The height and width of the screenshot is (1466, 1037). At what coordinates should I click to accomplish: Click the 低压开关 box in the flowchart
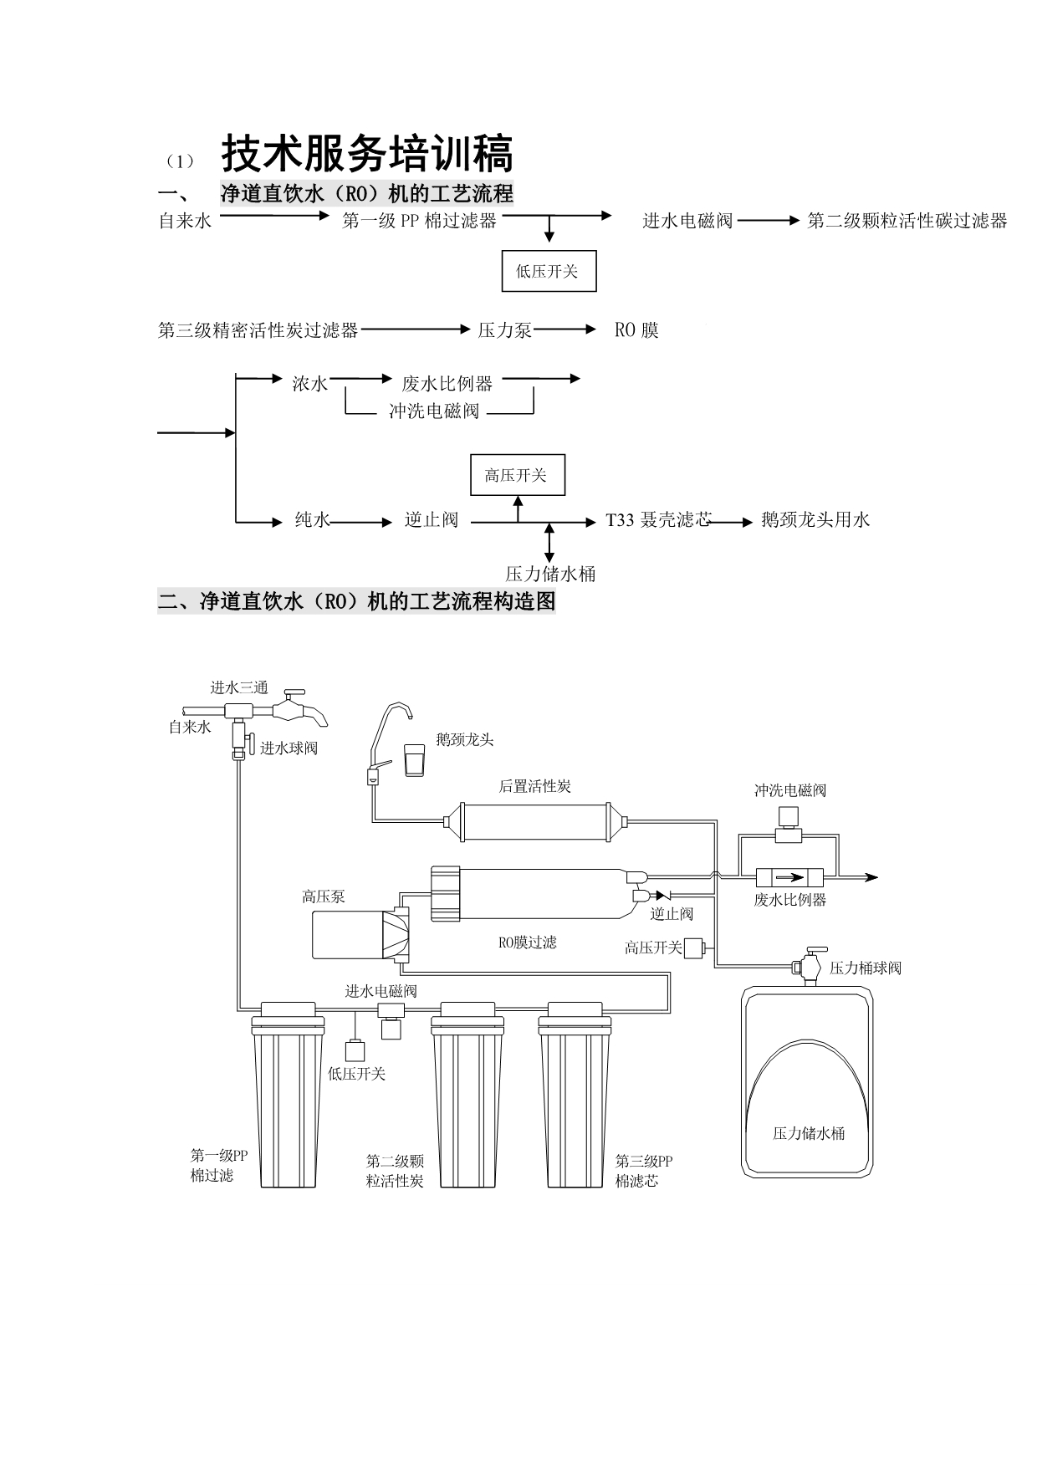pos(549,271)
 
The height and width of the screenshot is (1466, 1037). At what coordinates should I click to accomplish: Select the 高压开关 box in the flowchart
pos(518,476)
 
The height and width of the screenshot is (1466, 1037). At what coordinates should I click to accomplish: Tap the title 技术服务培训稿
pos(367,154)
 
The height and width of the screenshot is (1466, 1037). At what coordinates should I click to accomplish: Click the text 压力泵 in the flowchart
pos(504,330)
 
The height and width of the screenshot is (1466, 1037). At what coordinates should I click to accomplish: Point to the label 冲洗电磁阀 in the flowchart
pos(434,411)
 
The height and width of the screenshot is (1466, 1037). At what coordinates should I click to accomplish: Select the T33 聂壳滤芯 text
pos(658,520)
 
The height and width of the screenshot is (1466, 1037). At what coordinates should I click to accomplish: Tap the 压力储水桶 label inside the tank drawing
pos(808,1133)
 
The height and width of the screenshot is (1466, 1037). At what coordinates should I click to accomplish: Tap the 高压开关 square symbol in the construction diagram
pos(693,948)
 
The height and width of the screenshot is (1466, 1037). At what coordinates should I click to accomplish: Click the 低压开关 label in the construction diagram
pos(356,1074)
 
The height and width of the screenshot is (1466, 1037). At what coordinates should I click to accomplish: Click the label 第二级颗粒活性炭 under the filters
pos(395,1171)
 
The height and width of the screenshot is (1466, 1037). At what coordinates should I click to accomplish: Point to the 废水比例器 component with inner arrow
pos(789,878)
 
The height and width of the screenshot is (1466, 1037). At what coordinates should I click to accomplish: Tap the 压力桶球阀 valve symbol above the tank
pos(809,966)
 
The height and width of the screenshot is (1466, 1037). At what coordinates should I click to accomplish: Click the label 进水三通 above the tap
pos(239,687)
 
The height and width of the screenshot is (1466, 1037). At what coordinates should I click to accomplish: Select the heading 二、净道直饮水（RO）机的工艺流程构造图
pos(356,601)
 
